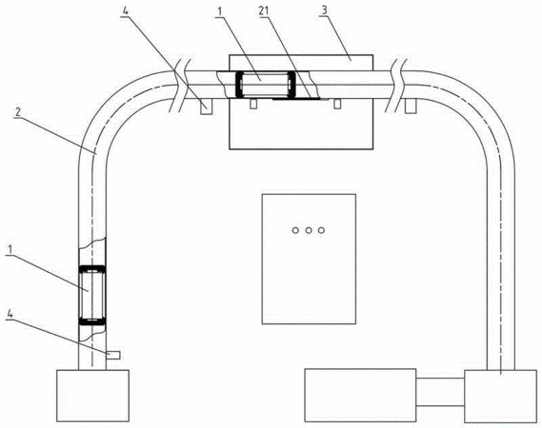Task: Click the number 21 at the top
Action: pyautogui.click(x=264, y=11)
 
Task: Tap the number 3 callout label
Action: pyautogui.click(x=324, y=10)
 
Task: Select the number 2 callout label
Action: pyautogui.click(x=18, y=112)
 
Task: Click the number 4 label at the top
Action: pyautogui.click(x=126, y=10)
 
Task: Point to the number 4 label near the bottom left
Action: pyautogui.click(x=10, y=314)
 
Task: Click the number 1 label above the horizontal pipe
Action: pyautogui.click(x=219, y=11)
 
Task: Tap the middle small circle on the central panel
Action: pyautogui.click(x=309, y=230)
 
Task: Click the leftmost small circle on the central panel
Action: pyautogui.click(x=295, y=230)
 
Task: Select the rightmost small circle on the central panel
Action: pyautogui.click(x=321, y=230)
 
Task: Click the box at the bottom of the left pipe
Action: pyautogui.click(x=92, y=396)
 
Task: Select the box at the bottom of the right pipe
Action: pyautogui.click(x=500, y=397)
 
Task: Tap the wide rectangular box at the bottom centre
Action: pyautogui.click(x=360, y=396)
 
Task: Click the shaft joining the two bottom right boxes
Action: pyautogui.click(x=440, y=392)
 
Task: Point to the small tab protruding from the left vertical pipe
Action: pyautogui.click(x=113, y=355)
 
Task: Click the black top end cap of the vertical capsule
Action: pyautogui.click(x=92, y=269)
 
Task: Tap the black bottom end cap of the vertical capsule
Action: pyautogui.click(x=92, y=321)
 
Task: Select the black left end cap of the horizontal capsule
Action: pyautogui.click(x=238, y=84)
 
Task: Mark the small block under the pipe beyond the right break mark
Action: pyautogui.click(x=411, y=106)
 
